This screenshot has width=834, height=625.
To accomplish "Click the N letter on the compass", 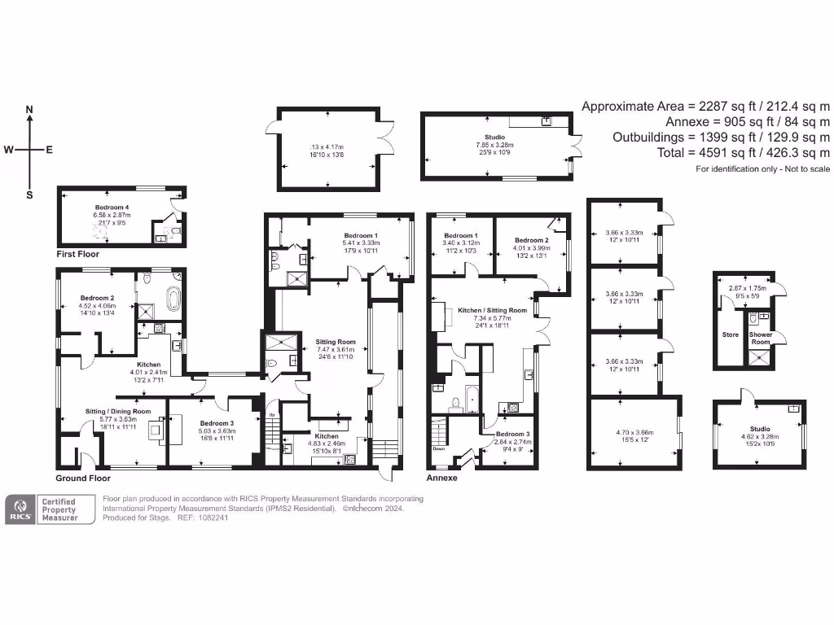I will (x=30, y=109).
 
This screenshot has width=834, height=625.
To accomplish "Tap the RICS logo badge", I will (x=20, y=510).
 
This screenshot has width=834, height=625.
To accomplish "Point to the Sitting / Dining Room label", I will (x=119, y=412).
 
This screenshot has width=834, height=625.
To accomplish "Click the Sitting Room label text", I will (x=336, y=341).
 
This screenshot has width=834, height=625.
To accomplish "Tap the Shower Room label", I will (x=760, y=339).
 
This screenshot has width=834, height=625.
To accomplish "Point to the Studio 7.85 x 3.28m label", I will (x=494, y=142).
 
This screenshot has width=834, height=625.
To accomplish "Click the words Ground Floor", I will (x=83, y=478).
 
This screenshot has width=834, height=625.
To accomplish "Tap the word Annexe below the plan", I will (x=443, y=478).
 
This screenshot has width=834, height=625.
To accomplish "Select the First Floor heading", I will (x=78, y=254).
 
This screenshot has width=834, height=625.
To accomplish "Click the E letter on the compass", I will (x=49, y=150).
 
